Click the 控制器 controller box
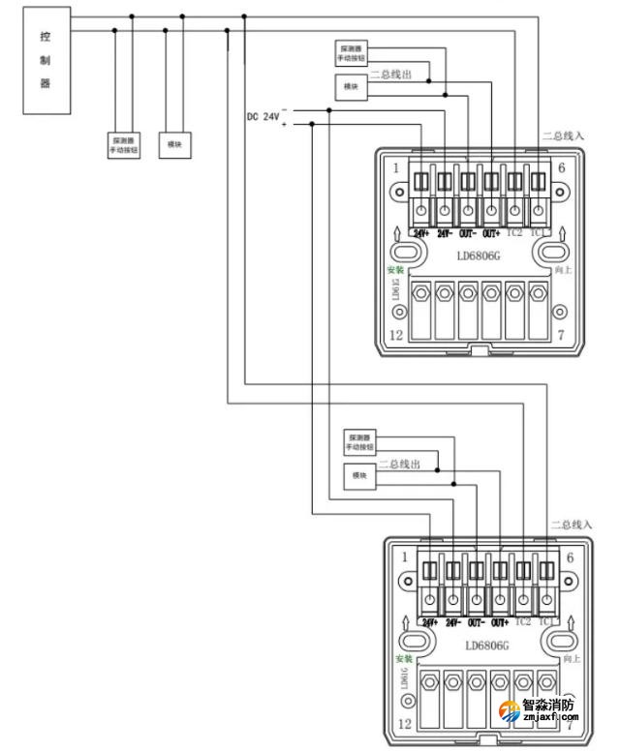[x=45, y=59]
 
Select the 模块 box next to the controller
[x=174, y=145]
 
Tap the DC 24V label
[x=263, y=117]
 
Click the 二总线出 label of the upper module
[x=392, y=74]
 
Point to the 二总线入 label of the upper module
[x=563, y=136]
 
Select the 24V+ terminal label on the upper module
[x=421, y=233]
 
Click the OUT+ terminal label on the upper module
[x=491, y=233]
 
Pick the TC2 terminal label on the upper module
[x=514, y=233]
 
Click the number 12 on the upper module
[x=396, y=335]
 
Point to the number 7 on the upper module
[x=560, y=335]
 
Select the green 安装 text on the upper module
[x=394, y=270]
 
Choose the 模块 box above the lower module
[x=359, y=476]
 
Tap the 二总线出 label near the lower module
[x=399, y=465]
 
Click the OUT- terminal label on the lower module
[x=477, y=621]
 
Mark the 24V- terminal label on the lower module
[x=453, y=621]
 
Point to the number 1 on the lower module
[x=404, y=557]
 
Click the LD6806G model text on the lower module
[x=486, y=646]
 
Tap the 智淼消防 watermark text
[x=548, y=706]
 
